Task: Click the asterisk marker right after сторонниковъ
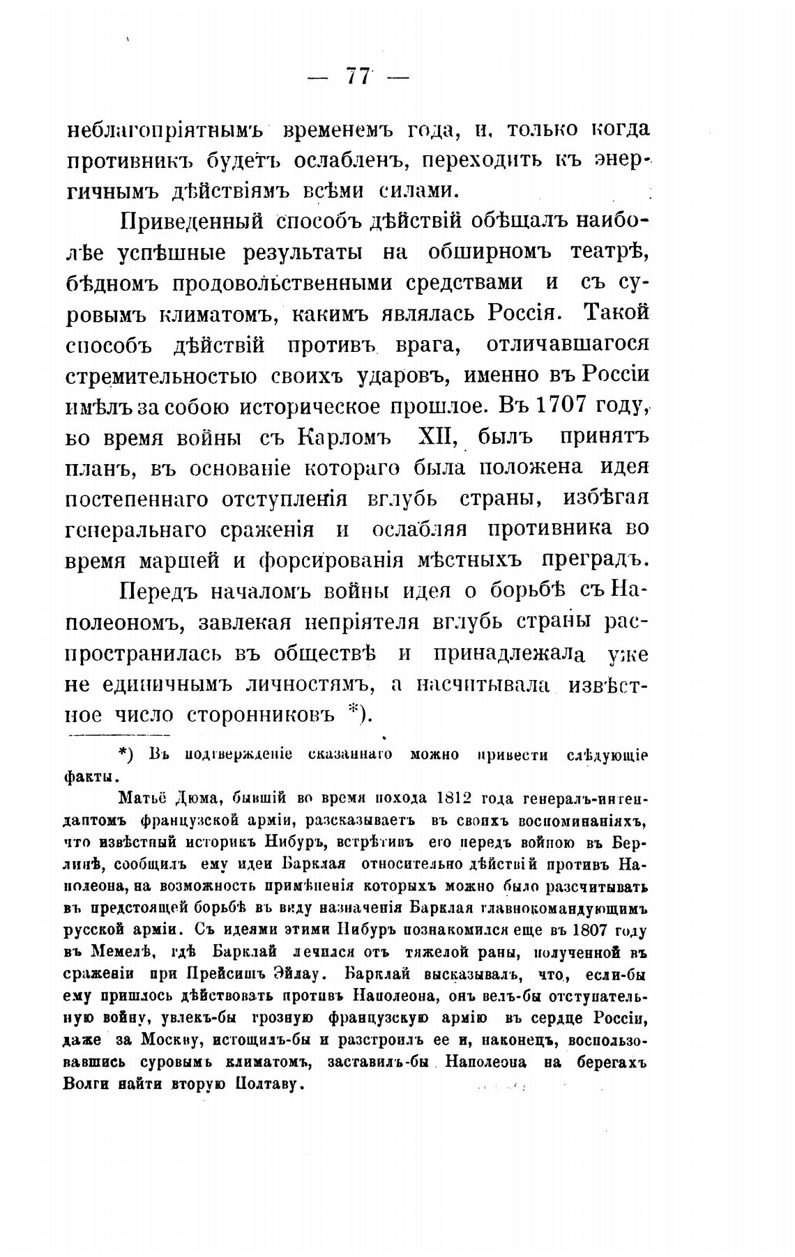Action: point(354,711)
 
